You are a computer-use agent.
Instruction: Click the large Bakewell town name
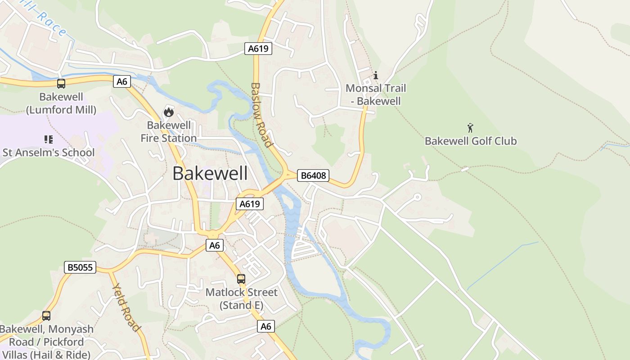[210, 174]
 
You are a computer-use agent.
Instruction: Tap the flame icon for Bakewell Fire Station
[169, 112]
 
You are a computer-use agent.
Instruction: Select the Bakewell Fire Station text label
[169, 131]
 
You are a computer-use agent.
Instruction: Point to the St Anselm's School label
[49, 153]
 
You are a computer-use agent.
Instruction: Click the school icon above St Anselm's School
[49, 139]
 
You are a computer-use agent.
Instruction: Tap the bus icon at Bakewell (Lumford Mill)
[61, 83]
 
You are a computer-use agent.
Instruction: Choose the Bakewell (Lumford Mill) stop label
[61, 103]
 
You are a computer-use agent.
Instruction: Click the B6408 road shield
[313, 175]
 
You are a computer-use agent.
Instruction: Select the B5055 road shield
[80, 268]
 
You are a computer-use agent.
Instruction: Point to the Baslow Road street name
[261, 115]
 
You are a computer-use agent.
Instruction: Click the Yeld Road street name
[126, 307]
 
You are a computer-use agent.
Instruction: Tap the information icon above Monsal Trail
[376, 75]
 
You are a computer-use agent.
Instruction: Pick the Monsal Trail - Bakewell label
[376, 94]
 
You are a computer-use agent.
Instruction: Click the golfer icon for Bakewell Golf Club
[470, 128]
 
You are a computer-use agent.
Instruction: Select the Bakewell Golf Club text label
[471, 141]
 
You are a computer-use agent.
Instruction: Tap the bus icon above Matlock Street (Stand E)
[241, 279]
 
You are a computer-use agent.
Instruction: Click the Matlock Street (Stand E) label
[241, 299]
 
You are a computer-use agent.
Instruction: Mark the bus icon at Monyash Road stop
[46, 315]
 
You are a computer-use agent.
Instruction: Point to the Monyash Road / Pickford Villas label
[47, 342]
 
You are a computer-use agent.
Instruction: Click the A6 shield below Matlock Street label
[266, 326]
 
